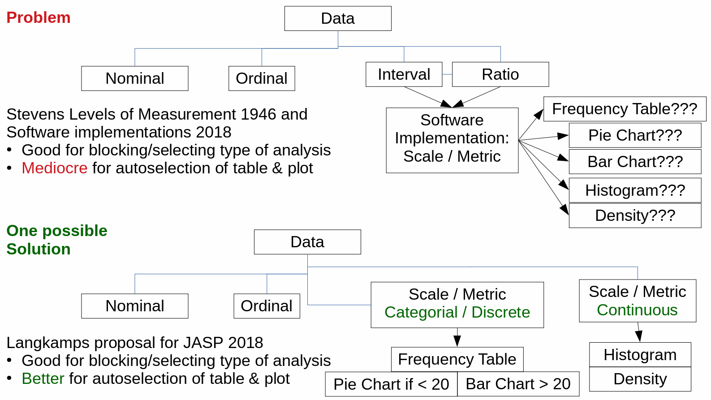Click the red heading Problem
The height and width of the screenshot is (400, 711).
coord(39,17)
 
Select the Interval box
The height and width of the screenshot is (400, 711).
coord(404,74)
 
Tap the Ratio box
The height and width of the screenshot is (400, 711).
coord(500,74)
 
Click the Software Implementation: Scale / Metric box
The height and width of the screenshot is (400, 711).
coord(452,140)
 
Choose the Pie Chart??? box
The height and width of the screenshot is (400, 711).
coord(634,135)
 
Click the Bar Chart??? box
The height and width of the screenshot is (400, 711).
coord(634,162)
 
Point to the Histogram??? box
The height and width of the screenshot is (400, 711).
coord(634,190)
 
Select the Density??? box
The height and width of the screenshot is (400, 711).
coord(634,215)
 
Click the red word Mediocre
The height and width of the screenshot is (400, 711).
coord(55,168)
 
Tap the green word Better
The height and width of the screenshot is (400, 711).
coord(43,378)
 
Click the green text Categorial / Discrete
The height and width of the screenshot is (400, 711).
coord(457,312)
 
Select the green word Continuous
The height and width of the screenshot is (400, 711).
coord(637,310)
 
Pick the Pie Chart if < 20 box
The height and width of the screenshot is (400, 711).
coord(391,384)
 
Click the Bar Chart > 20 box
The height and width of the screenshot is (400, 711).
coord(518,384)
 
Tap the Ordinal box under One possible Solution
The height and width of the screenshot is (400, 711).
coord(267,306)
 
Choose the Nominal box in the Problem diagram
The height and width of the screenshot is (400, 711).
coord(134,78)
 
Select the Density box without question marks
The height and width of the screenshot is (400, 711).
coord(640,379)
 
